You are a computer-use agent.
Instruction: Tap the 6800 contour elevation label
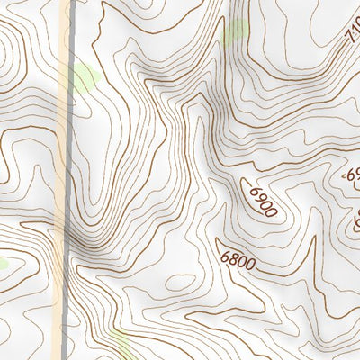(237, 259)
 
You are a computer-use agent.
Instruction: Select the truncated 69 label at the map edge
(354, 175)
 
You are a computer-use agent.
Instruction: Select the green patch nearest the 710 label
(235, 31)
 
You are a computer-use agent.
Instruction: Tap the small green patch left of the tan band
(3, 264)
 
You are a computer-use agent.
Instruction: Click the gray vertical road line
(69, 180)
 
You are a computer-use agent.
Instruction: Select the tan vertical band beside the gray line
(59, 180)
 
